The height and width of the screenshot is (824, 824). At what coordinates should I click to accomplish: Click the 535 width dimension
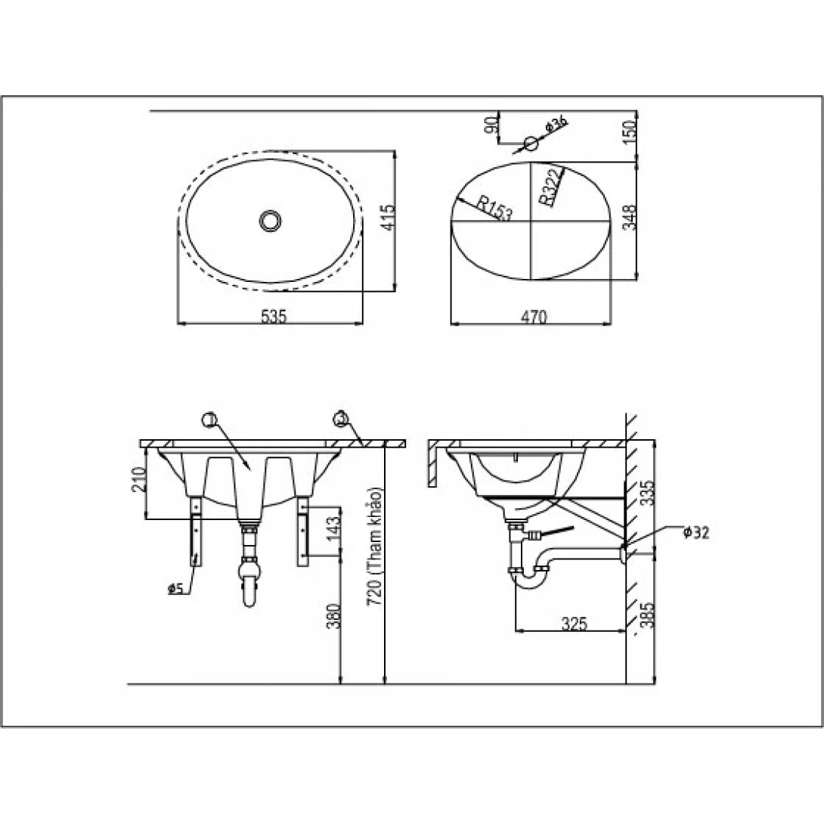[274, 317]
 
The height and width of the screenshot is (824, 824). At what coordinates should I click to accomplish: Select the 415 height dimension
[385, 219]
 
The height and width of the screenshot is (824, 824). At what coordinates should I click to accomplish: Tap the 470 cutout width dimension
[533, 318]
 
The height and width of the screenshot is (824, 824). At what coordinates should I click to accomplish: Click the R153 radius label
[494, 208]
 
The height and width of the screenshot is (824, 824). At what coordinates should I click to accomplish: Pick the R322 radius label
[550, 187]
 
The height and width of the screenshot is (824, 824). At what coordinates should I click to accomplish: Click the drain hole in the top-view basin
[270, 220]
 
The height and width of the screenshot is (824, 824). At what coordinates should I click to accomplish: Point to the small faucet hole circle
[531, 142]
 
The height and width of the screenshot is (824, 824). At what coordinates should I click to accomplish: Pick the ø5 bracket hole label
[175, 587]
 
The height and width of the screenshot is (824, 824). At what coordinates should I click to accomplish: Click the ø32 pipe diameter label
[695, 532]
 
